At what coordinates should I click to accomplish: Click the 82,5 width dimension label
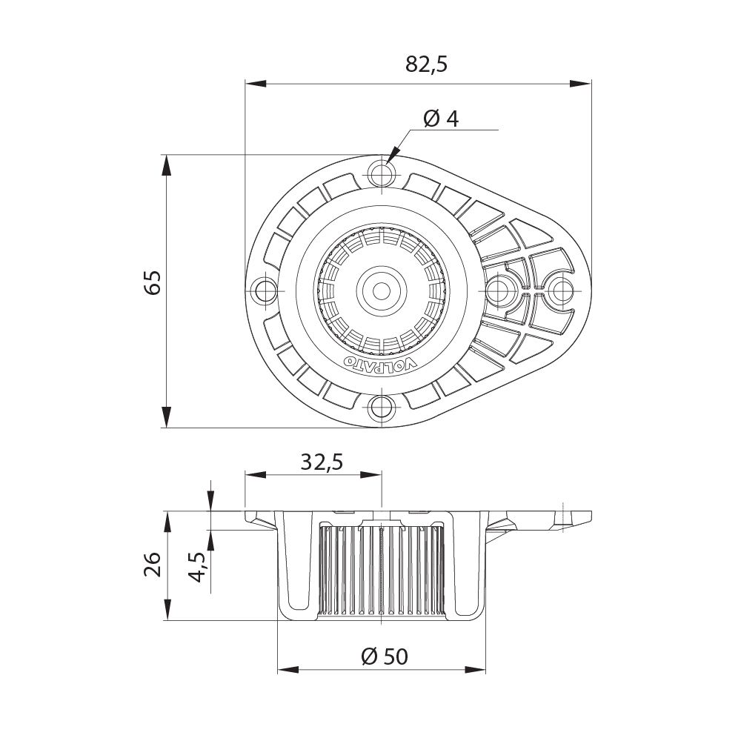click(x=427, y=64)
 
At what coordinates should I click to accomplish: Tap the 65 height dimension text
click(x=153, y=284)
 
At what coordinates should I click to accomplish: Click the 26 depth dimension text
click(x=153, y=564)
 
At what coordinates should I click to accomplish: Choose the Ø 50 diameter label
click(x=383, y=656)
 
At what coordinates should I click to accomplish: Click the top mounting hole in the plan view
click(x=382, y=175)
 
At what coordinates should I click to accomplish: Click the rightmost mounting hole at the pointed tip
click(x=560, y=290)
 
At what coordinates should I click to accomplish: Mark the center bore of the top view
click(x=382, y=290)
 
